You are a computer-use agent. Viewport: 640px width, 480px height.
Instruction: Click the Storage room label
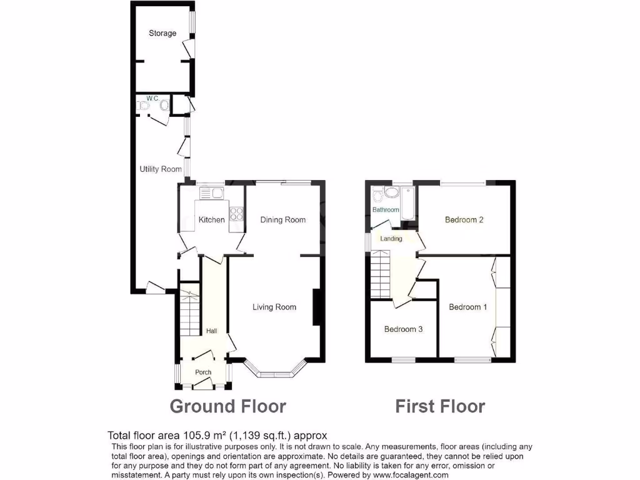(162, 33)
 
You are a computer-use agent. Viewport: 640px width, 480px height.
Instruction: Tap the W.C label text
(151, 99)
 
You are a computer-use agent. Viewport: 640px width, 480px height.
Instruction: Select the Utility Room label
(161, 169)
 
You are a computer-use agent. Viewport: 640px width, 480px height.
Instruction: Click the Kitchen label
(212, 220)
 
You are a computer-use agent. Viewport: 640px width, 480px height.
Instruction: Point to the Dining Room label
(283, 220)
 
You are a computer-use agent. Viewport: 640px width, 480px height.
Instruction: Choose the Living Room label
(274, 307)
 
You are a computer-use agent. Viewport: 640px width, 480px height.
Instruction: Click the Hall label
(212, 331)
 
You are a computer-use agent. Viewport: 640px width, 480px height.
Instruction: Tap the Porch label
(203, 372)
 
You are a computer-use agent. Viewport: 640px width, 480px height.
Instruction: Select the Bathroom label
(386, 210)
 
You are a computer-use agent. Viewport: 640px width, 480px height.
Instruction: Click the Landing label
(391, 239)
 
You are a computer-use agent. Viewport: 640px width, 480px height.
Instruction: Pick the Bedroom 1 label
(468, 307)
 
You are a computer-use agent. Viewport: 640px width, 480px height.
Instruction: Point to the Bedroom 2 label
(464, 220)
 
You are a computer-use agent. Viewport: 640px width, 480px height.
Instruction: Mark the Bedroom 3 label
(403, 329)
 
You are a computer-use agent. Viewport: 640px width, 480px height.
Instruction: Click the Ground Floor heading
(228, 407)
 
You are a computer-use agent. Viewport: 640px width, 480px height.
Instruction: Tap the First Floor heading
(440, 407)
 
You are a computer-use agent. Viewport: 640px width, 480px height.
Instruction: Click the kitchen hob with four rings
(237, 214)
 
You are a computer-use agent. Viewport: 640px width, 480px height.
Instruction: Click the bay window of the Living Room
(275, 373)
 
